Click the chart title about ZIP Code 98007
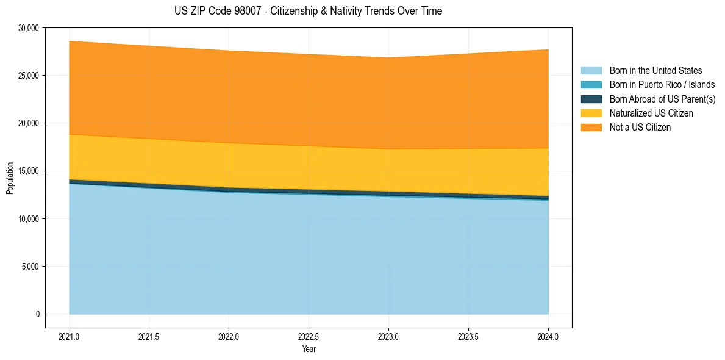click(x=308, y=11)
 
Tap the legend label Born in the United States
click(x=655, y=71)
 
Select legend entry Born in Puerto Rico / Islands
click(x=662, y=85)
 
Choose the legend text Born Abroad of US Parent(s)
click(x=662, y=99)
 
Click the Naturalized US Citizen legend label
click(x=651, y=113)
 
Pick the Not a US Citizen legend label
click(x=640, y=128)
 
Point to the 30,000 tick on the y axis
click(x=29, y=28)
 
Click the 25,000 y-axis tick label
click(x=29, y=76)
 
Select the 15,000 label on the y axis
click(x=29, y=171)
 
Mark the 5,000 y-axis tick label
click(x=30, y=267)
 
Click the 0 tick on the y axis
click(x=37, y=314)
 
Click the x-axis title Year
click(x=309, y=349)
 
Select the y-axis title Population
click(x=10, y=178)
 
